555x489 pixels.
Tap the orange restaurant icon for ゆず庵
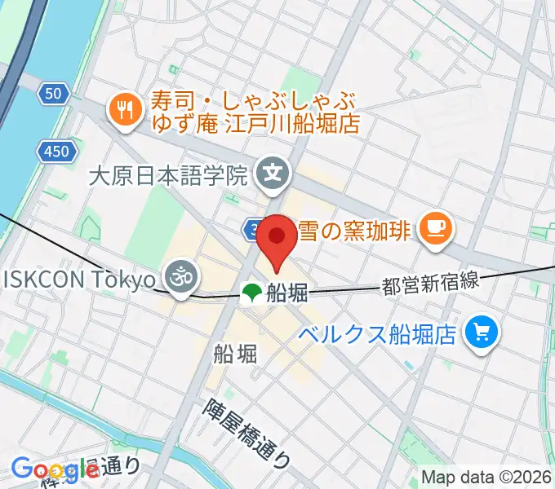[x=126, y=110]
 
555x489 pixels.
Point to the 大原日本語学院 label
[x=167, y=174]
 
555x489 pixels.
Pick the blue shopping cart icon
[x=479, y=332]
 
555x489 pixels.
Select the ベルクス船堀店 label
[x=377, y=333]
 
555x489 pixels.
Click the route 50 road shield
[x=53, y=95]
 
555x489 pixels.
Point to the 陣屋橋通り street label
[x=247, y=432]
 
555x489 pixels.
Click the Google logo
[x=55, y=470]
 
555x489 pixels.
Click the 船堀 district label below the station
[x=235, y=353]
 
